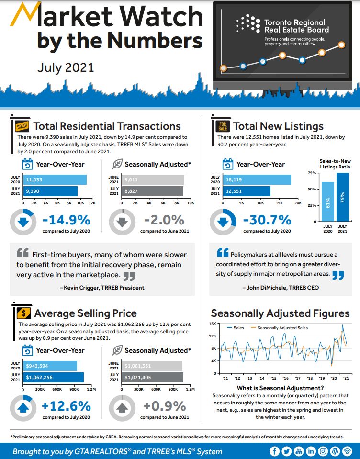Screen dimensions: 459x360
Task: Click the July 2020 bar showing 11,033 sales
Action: [55, 180]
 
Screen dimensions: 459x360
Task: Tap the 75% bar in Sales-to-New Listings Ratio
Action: [343, 197]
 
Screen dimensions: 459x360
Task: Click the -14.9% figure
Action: [66, 220]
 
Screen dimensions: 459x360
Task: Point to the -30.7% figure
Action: [267, 220]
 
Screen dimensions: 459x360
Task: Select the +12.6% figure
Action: [66, 406]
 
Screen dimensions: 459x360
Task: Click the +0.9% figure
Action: [165, 406]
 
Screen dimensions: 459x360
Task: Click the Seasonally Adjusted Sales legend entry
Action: [282, 328]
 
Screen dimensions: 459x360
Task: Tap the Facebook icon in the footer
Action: [274, 451]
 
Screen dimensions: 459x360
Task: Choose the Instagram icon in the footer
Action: [323, 451]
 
